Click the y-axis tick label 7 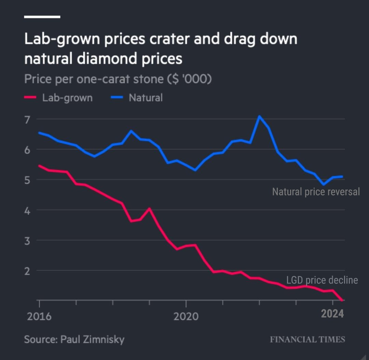[x=27, y=120]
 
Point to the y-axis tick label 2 [x=27, y=271]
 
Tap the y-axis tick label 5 [x=27, y=180]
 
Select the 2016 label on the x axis [x=39, y=316]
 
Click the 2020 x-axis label [x=186, y=316]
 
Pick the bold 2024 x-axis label [x=332, y=314]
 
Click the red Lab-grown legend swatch [x=30, y=98]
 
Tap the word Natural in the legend [x=146, y=98]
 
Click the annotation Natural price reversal [x=316, y=192]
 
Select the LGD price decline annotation [x=322, y=280]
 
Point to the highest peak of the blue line [x=259, y=116]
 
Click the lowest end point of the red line [x=342, y=300]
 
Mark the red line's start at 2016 [x=39, y=166]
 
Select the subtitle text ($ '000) [x=189, y=79]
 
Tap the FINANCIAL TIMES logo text [x=307, y=340]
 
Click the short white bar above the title [x=42, y=16]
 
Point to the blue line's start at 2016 [x=39, y=133]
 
